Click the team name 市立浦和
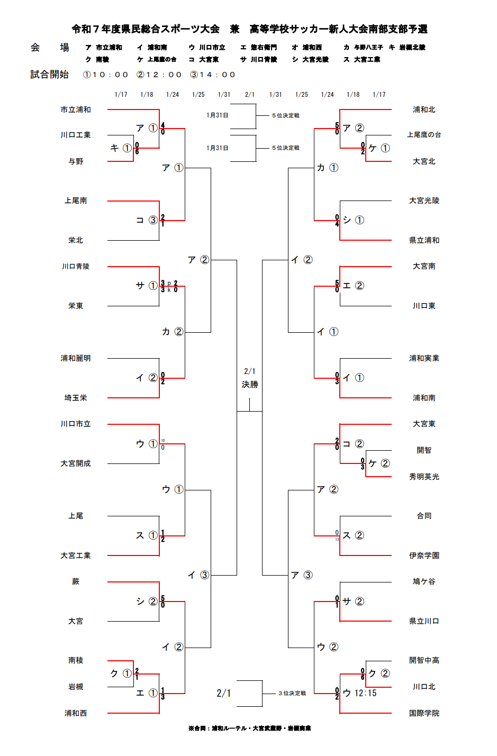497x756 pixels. coord(76,110)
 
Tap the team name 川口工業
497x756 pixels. coord(76,135)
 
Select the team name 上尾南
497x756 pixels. coord(76,201)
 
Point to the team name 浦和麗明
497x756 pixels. coord(76,358)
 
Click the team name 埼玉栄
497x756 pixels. coord(76,398)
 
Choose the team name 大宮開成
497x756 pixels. coord(76,463)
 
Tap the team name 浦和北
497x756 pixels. coord(424,110)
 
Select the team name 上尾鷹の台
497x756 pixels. coord(424,135)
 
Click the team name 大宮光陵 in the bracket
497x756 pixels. coord(424,201)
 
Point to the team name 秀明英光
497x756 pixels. coord(424,477)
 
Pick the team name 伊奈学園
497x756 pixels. coord(424,555)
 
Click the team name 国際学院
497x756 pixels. coord(424,713)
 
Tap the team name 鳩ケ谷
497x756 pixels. coord(424,581)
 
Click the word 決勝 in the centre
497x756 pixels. coord(250,385)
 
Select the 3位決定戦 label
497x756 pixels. coord(292,693)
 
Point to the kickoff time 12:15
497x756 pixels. coord(366,693)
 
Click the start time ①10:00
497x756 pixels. coord(106,75)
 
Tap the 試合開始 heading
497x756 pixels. coord(49,75)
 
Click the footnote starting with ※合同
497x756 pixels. coord(249,728)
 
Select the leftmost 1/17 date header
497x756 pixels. coord(121,95)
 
